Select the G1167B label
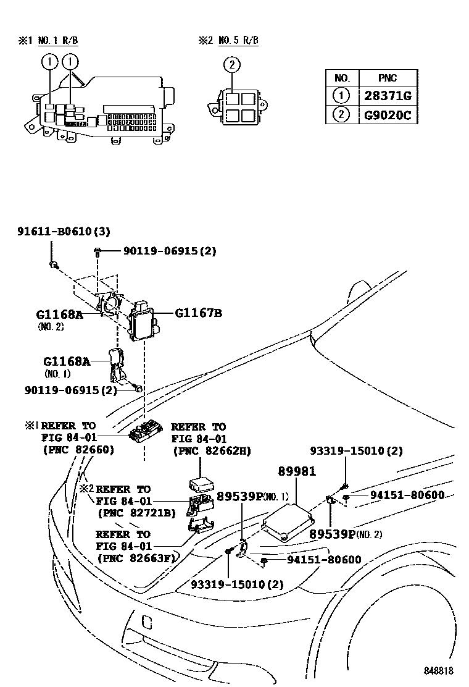(x=198, y=313)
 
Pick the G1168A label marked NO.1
(x=67, y=361)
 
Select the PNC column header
(x=388, y=78)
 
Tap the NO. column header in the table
(x=342, y=78)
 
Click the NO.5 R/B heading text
(x=234, y=41)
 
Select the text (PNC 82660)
(x=78, y=450)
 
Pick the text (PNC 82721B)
(x=136, y=512)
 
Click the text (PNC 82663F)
(x=136, y=558)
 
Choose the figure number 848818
(x=438, y=671)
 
